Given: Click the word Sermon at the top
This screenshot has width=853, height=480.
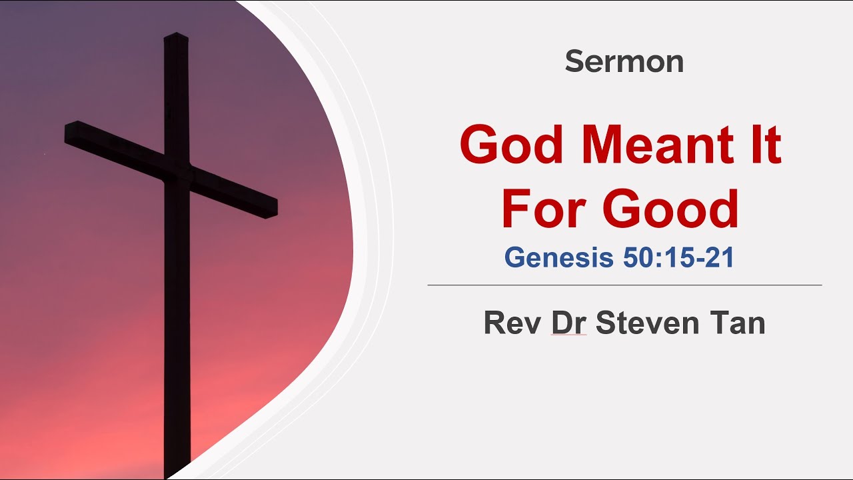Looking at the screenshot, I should pyautogui.click(x=624, y=62).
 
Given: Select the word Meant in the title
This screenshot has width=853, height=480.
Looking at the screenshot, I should pyautogui.click(x=660, y=146).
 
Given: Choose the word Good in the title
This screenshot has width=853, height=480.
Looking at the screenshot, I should pyautogui.click(x=671, y=209).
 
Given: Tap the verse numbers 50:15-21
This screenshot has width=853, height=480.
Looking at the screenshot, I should pyautogui.click(x=678, y=258).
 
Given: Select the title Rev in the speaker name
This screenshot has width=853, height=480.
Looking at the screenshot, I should pyautogui.click(x=512, y=323).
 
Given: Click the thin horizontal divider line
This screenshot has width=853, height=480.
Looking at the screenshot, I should pyautogui.click(x=624, y=285).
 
